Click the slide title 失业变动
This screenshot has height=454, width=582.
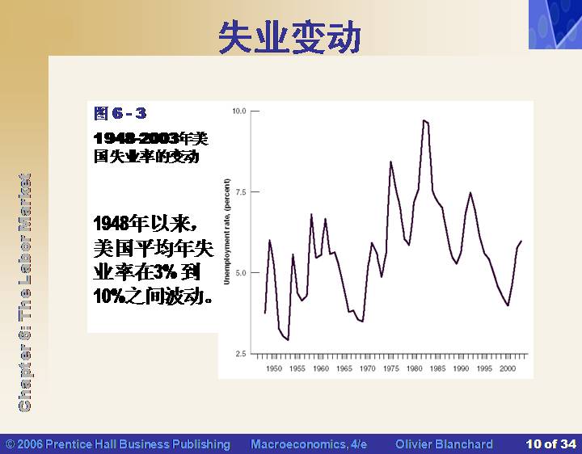[x=289, y=37]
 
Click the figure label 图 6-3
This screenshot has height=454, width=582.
[x=120, y=113]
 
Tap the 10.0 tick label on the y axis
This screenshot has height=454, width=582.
[x=239, y=111]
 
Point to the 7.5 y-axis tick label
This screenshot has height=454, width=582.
[x=241, y=191]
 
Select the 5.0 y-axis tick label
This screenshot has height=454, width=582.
[x=241, y=272]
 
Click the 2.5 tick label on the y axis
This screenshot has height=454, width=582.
[x=241, y=354]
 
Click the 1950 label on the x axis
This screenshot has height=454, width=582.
[x=274, y=368]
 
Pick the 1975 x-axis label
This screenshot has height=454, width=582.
[x=391, y=368]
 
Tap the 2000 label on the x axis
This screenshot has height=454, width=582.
[x=508, y=368]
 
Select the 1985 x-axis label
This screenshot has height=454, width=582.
[x=437, y=368]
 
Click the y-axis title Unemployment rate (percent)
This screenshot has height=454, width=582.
[x=227, y=232]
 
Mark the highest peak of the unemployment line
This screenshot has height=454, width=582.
[x=424, y=120]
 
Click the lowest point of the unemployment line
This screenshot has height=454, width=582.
[x=288, y=340]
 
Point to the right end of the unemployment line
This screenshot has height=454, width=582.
[x=521, y=242]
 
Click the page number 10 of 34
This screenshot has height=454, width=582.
[x=550, y=444]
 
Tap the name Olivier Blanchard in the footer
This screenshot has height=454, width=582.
[x=444, y=444]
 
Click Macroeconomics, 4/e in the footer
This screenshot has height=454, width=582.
[x=309, y=444]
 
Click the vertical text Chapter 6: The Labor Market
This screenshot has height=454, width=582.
[x=24, y=292]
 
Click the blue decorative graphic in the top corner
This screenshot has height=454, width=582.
[x=555, y=24]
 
